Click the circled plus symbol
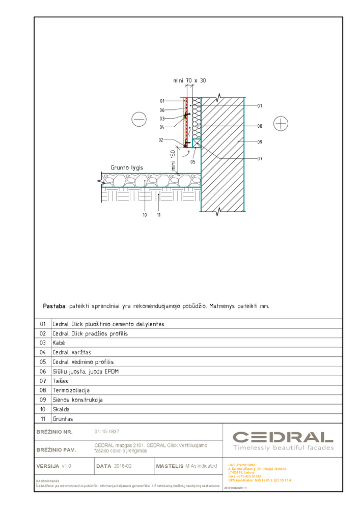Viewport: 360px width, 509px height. tap(281, 123)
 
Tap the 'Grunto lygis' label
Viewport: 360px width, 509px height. tap(127, 167)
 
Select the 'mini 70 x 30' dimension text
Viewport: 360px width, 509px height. tap(189, 80)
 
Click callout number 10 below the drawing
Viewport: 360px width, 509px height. tap(145, 215)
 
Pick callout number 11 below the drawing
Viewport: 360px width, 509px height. tap(159, 215)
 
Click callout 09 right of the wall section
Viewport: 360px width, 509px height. tap(260, 142)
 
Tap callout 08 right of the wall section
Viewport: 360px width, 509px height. tap(260, 126)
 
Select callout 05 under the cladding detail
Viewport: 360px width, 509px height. tap(193, 162)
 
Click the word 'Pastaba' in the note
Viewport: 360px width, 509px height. tap(54, 306)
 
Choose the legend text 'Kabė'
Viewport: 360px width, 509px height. tap(59, 343)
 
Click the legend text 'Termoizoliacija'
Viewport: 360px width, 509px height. tap(71, 390)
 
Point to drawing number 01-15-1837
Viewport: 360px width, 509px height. tap(107, 432)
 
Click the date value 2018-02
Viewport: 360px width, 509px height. tap(123, 466)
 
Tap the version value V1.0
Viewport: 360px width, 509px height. tap(67, 466)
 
